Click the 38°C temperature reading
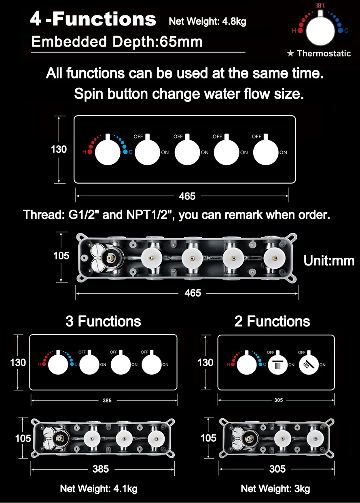321,6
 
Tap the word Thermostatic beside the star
324,53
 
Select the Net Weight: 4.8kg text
207,21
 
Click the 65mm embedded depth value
181,42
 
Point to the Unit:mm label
329,261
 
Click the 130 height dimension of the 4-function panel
59,149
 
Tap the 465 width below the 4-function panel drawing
187,196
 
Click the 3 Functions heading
103,321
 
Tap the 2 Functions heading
272,321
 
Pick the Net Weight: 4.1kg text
99,489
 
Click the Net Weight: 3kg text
275,489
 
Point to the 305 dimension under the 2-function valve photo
277,469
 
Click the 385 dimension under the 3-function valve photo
101,469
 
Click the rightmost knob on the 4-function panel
267,152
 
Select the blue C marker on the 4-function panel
125,152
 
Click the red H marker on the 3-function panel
40,364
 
